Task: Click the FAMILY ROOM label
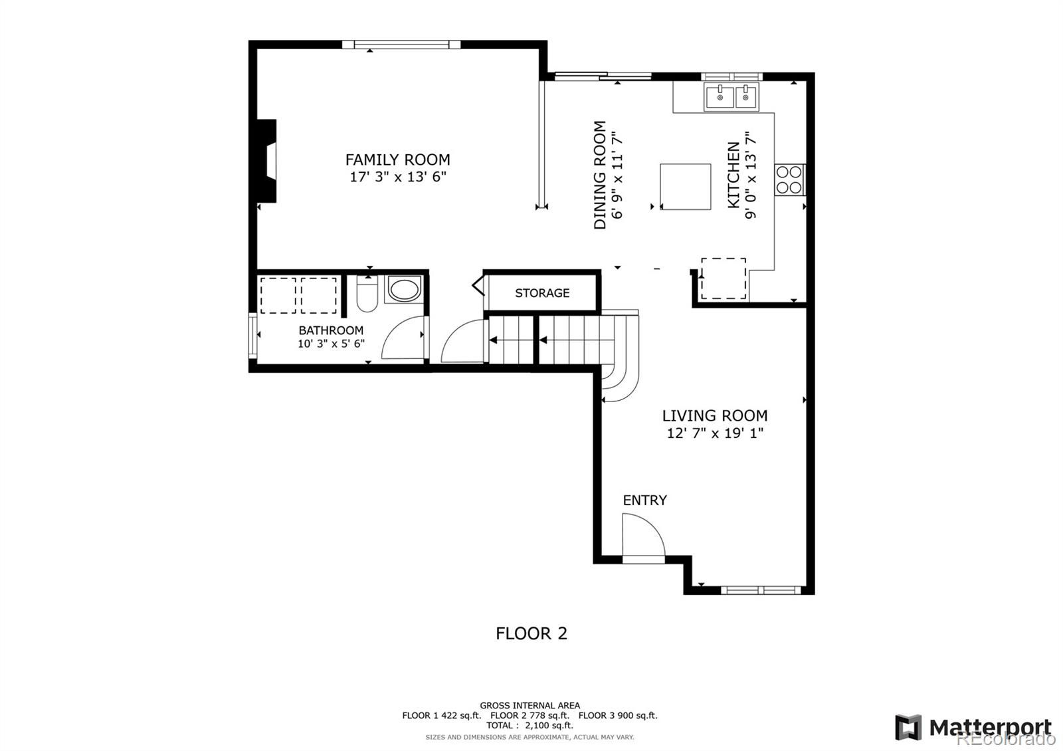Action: tap(398, 160)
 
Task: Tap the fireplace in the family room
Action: tap(266, 161)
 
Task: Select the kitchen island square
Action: tap(685, 187)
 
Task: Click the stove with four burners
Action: tap(789, 179)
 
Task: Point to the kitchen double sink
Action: tap(731, 96)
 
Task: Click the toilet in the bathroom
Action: tap(367, 294)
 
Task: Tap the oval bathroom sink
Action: tap(405, 289)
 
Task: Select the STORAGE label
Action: tap(542, 293)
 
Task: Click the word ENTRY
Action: tap(644, 500)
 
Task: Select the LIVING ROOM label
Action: tap(715, 416)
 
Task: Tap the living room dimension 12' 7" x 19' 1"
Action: tap(715, 433)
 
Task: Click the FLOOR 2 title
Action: tap(531, 633)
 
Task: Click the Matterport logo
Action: tap(973, 727)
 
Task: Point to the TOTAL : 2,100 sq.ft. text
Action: tap(530, 725)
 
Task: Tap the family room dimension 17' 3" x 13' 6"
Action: tap(398, 177)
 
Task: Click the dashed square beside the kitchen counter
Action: tap(724, 278)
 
